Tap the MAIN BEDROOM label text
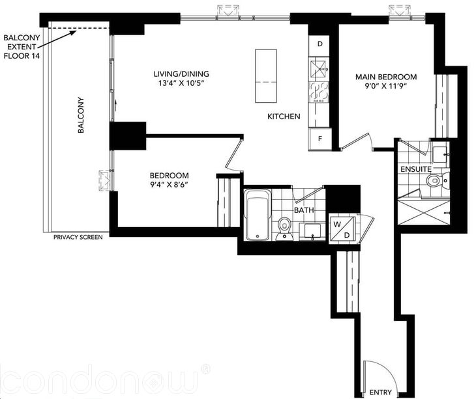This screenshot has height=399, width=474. (x=386, y=77)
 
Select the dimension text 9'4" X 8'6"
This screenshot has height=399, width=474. (x=169, y=186)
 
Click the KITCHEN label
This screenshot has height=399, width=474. (x=284, y=117)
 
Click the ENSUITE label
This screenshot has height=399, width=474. (x=414, y=169)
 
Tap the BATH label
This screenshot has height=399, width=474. (x=303, y=211)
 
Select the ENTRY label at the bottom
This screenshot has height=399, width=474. (x=381, y=392)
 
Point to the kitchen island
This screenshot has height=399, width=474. (x=266, y=75)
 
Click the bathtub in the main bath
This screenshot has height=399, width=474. (x=257, y=215)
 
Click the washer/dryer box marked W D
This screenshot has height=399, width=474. (x=342, y=228)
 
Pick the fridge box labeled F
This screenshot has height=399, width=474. (x=320, y=138)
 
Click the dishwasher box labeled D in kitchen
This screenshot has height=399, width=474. (x=320, y=45)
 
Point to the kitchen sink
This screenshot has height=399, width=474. (x=319, y=67)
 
